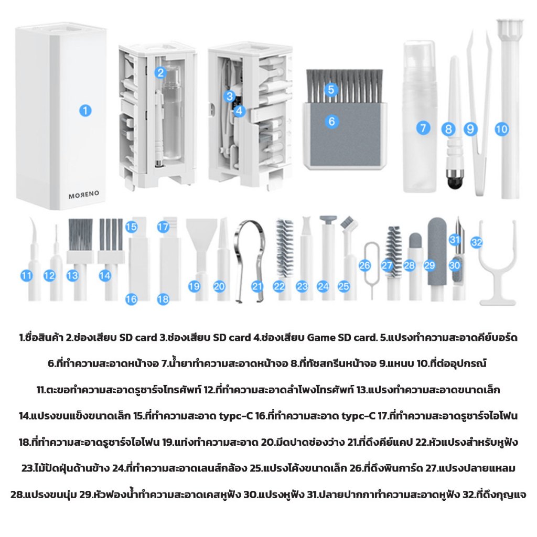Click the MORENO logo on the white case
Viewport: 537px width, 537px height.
pos(84,195)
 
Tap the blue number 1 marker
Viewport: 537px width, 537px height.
pos(85,111)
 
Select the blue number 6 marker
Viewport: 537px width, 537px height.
pos(331,121)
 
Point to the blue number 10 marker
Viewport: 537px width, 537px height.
pos(502,129)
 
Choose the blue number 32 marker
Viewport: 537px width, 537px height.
pos(476,242)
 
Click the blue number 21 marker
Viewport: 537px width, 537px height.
pos(257,287)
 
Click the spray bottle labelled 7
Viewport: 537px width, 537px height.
pos(420,116)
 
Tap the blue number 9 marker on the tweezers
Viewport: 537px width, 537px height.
pos(470,129)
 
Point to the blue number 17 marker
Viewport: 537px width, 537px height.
pos(163,227)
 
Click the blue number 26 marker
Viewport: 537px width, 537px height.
pos(365,265)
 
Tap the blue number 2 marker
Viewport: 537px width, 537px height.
pos(160,72)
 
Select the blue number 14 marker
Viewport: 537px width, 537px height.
pos(105,276)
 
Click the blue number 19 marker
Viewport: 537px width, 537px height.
pos(194,287)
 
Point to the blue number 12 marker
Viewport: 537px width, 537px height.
pos(49,276)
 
